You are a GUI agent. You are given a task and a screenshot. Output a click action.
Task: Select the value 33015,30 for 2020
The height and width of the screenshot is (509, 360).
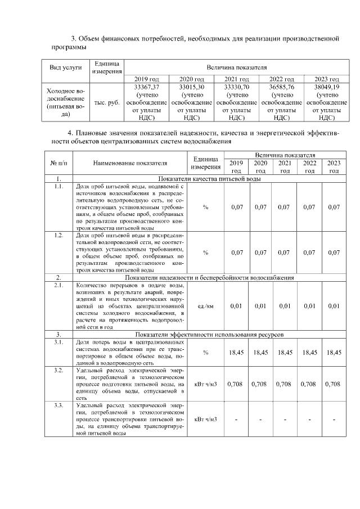point(191,88)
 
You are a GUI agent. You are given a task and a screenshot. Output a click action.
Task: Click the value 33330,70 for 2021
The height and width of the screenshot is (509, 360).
point(236,88)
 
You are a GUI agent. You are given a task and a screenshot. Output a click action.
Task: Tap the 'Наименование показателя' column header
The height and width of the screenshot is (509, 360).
point(130,163)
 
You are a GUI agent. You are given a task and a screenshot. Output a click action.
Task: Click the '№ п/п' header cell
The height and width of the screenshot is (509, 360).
point(59,163)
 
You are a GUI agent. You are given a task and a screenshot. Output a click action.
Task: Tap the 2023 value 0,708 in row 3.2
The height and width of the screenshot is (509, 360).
point(334,384)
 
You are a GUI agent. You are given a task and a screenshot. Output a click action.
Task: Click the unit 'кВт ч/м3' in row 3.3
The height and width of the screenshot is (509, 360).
point(205,419)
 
